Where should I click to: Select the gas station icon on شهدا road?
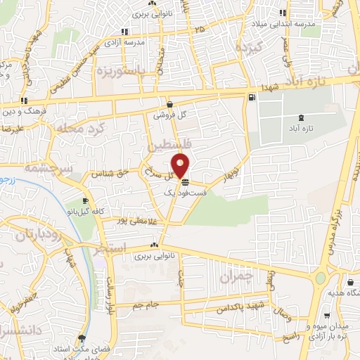click(x=251, y=98)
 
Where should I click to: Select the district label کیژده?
click(x=249, y=49)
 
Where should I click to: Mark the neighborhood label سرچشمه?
click(x=43, y=169)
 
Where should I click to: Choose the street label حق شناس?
click(x=115, y=172)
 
